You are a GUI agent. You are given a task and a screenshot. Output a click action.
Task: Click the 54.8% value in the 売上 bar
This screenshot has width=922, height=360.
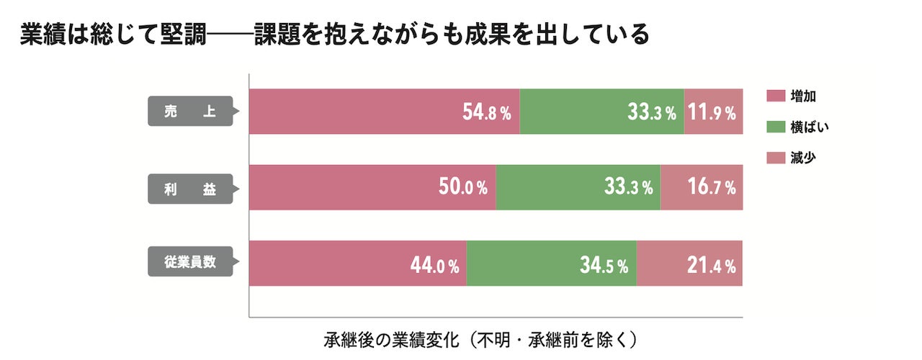point(486,112)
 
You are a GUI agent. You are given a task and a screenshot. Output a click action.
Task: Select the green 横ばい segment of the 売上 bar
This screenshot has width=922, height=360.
point(601,111)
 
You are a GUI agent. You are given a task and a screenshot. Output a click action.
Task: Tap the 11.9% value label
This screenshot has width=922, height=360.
point(712,112)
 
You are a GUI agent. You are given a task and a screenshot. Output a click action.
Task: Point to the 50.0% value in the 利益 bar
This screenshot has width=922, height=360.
point(463,187)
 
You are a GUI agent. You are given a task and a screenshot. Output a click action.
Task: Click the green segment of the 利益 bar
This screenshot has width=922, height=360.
point(578,187)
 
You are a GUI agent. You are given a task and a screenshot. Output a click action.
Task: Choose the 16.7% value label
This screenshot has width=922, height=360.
point(712,187)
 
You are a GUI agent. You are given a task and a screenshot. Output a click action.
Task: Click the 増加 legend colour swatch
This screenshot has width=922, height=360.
point(776,96)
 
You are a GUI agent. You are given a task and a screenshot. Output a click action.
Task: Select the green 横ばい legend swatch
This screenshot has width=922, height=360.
point(776,127)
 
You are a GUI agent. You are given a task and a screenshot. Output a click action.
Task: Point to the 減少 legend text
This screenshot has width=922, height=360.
point(803,158)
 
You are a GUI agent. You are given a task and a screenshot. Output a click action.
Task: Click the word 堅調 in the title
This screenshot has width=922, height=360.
point(183,34)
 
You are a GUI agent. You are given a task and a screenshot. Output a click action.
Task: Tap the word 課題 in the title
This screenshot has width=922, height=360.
point(277,34)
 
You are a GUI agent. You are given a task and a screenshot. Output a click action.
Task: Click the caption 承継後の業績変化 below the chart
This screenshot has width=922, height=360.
point(391,341)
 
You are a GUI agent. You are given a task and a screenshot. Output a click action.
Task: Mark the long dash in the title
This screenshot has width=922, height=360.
point(230,35)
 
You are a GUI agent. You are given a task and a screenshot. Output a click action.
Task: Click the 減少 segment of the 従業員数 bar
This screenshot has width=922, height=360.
point(689,264)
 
